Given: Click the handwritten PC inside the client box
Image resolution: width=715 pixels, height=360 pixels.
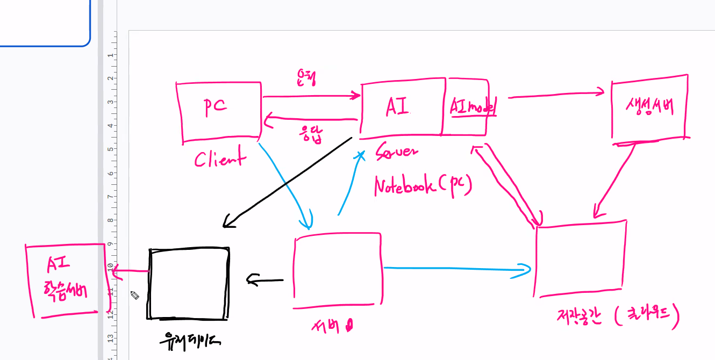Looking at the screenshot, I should click(x=215, y=106).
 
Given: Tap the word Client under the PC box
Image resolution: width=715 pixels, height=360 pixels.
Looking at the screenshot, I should click(x=220, y=159).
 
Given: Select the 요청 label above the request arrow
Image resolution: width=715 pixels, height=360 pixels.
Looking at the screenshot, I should click(x=305, y=78).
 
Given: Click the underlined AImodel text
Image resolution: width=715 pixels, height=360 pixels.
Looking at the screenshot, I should click(x=473, y=107).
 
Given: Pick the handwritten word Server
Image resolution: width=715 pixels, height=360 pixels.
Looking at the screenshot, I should click(x=396, y=152).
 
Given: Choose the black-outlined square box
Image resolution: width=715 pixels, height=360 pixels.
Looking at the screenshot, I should click(x=189, y=283).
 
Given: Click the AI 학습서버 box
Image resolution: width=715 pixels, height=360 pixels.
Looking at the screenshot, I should click(x=65, y=280).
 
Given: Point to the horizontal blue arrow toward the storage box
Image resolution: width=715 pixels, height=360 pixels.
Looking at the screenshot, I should click(x=457, y=268).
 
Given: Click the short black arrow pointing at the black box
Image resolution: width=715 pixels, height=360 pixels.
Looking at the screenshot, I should click(x=265, y=279).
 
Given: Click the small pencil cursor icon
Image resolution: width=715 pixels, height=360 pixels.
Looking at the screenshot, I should click(x=134, y=295).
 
